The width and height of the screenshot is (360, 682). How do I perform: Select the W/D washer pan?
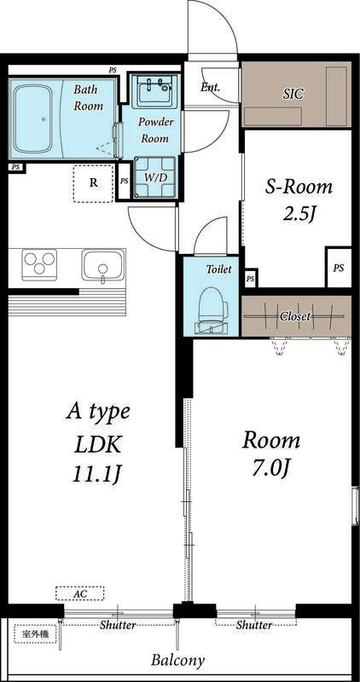155,176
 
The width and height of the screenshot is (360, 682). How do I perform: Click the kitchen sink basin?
102,264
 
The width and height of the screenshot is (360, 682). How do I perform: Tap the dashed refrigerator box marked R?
93,182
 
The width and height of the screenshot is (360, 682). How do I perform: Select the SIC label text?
293,93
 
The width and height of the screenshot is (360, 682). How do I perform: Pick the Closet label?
295,316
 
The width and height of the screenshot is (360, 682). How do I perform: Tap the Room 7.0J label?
271,454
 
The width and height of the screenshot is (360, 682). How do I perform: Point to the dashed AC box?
79,593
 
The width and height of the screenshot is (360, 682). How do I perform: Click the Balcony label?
178,661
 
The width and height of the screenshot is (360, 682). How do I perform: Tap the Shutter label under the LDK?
117,625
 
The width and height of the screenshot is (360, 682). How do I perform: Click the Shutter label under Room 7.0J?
254,625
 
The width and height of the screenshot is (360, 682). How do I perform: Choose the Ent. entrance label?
210,86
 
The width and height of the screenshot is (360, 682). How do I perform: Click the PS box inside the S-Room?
339,268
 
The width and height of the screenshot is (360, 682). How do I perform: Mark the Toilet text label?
218,269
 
